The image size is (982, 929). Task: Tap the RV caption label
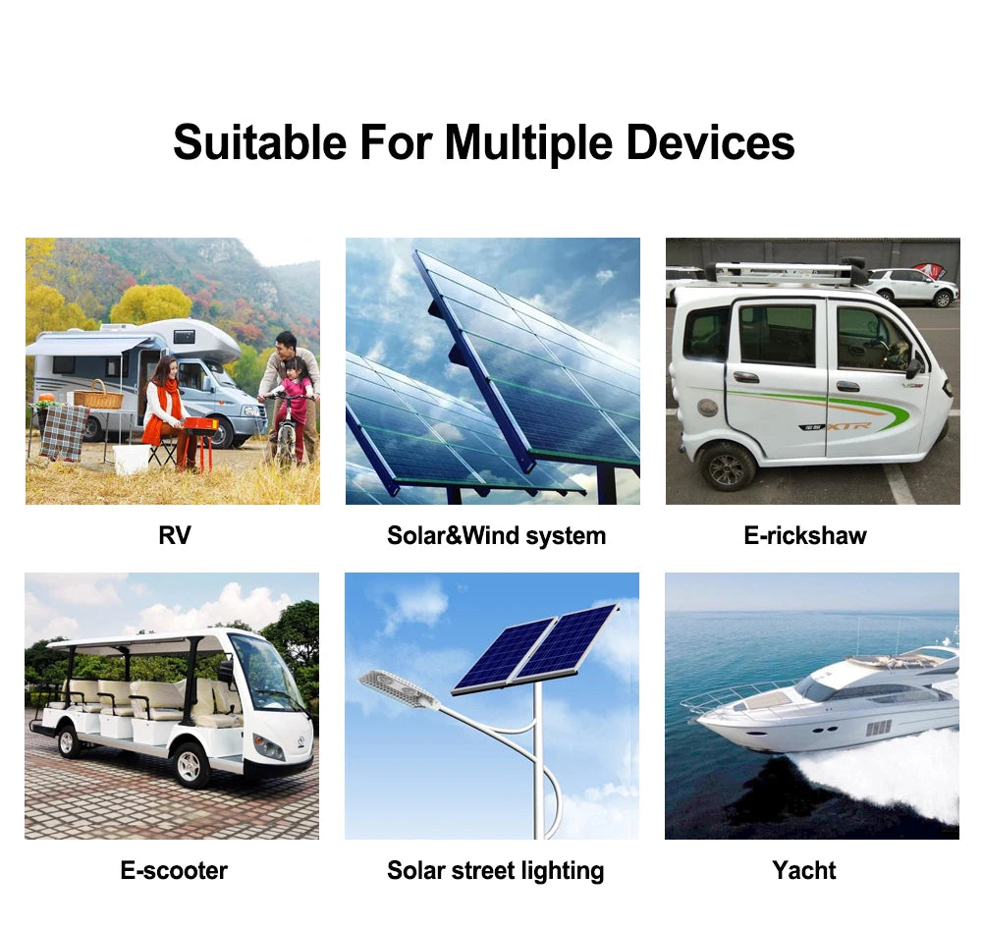[174, 535]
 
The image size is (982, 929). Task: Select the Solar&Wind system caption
[496, 535]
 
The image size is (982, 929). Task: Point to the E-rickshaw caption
[805, 535]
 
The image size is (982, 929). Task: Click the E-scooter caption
[174, 870]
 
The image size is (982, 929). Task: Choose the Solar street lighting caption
[495, 870]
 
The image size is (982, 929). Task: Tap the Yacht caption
[804, 870]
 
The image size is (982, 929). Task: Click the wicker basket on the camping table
[99, 397]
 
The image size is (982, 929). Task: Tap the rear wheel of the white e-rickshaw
[728, 466]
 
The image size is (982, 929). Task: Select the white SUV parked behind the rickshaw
[912, 286]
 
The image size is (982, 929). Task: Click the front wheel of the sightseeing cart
[191, 763]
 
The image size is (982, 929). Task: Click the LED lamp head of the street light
[398, 688]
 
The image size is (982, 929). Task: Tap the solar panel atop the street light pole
[535, 649]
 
